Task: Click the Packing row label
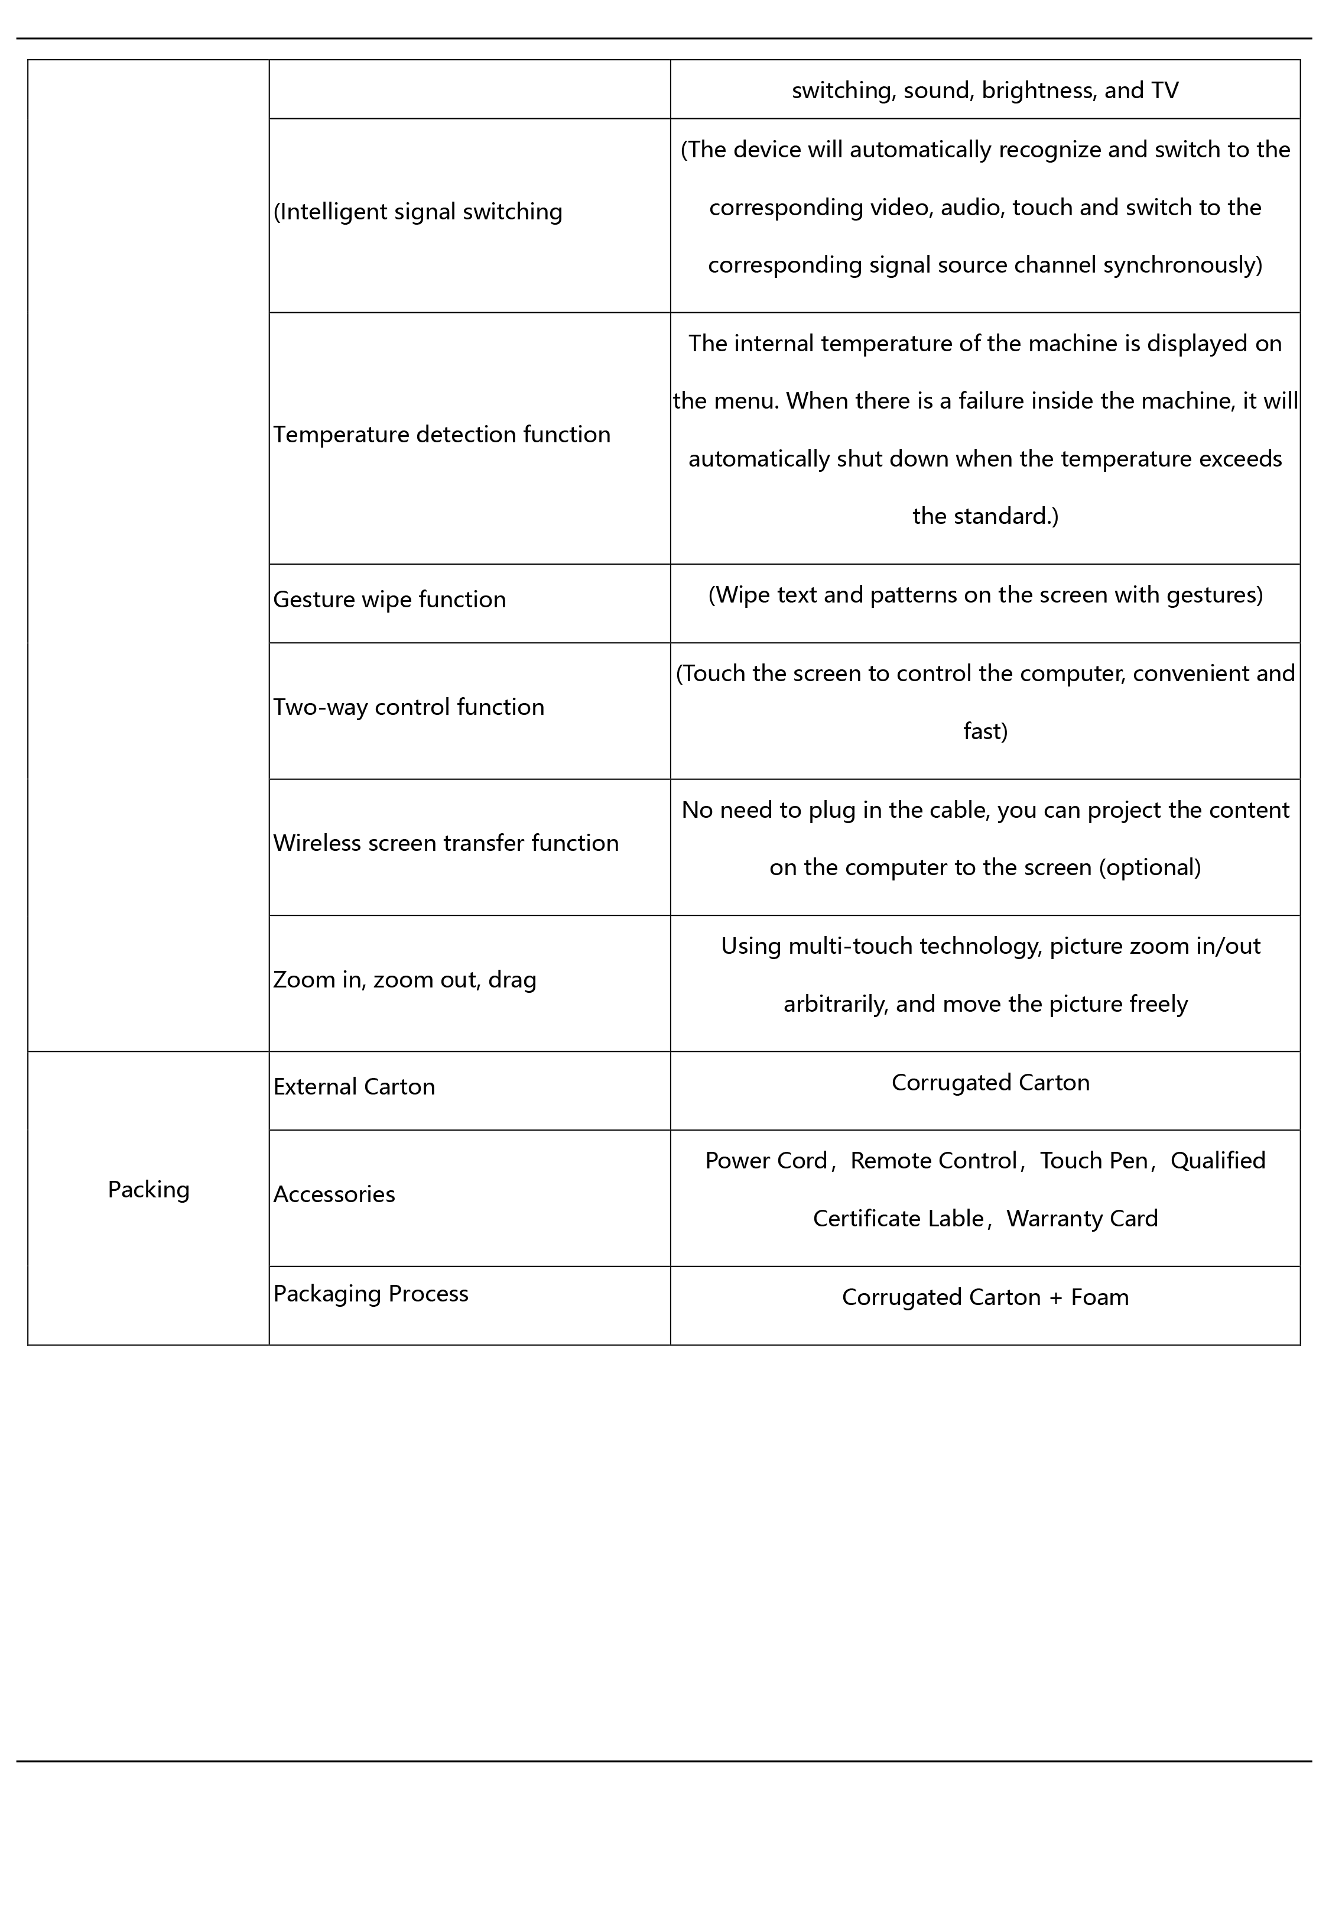(148, 1189)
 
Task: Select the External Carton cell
(354, 1086)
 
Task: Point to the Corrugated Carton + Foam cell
(985, 1297)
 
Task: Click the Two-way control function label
(408, 707)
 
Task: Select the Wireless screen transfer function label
(446, 843)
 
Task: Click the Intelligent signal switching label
(418, 212)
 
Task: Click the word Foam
(1099, 1297)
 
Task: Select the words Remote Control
(933, 1161)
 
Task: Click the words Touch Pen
(1093, 1161)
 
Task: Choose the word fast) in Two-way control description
(985, 731)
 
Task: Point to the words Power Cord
(765, 1161)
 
